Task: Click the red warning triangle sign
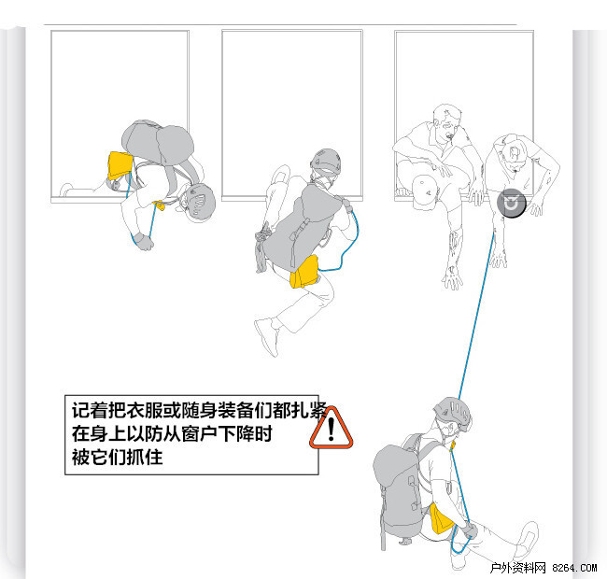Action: pyautogui.click(x=331, y=430)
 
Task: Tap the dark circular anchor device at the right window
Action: pyautogui.click(x=512, y=204)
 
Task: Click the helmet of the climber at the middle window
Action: pyautogui.click(x=326, y=161)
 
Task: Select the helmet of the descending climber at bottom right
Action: pyautogui.click(x=453, y=413)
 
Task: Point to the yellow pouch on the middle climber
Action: pyautogui.click(x=304, y=272)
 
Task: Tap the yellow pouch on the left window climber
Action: pyautogui.click(x=120, y=164)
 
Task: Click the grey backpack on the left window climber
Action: pyautogui.click(x=158, y=141)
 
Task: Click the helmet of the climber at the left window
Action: pyautogui.click(x=201, y=203)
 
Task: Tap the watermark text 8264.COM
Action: pyautogui.click(x=574, y=568)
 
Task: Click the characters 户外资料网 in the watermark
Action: pyautogui.click(x=517, y=568)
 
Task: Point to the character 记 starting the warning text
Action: pyautogui.click(x=80, y=410)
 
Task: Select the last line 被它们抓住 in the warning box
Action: pyautogui.click(x=118, y=457)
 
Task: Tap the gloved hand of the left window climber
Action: pyautogui.click(x=144, y=242)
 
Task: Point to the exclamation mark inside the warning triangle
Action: pyautogui.click(x=331, y=429)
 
